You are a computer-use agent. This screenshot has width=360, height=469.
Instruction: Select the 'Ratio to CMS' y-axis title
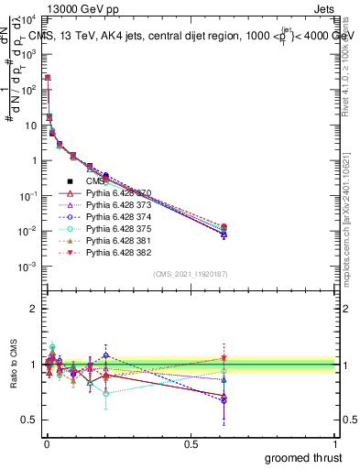(12, 374)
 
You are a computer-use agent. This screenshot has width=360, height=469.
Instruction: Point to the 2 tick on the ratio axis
(33, 309)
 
